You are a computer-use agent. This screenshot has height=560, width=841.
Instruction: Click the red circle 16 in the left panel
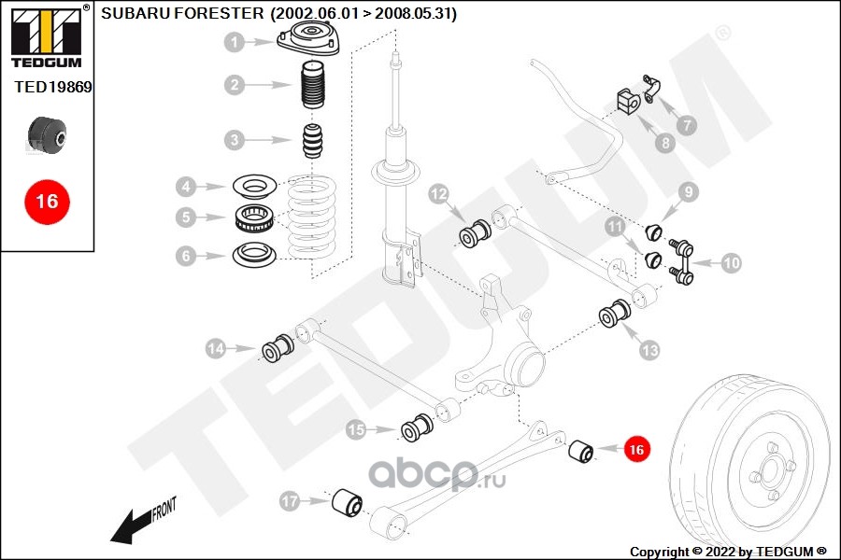coord(47,201)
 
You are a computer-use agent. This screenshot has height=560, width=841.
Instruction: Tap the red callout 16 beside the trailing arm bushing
coord(636,449)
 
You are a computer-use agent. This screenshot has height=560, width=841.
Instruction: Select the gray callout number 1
coord(235,42)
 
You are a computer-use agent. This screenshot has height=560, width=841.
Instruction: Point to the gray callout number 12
coord(439,194)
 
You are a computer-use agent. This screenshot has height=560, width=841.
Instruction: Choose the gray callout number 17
coord(291,502)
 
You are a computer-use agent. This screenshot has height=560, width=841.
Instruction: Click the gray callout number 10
coord(731,263)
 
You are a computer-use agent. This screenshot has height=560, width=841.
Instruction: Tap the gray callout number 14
coord(217,349)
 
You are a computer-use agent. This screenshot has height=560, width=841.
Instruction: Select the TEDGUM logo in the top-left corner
coord(45,35)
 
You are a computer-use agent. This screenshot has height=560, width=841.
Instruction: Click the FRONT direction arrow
coord(140,523)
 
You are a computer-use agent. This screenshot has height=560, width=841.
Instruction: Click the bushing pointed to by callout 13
coord(618,314)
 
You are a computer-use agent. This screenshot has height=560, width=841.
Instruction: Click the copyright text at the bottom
coord(728,551)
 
